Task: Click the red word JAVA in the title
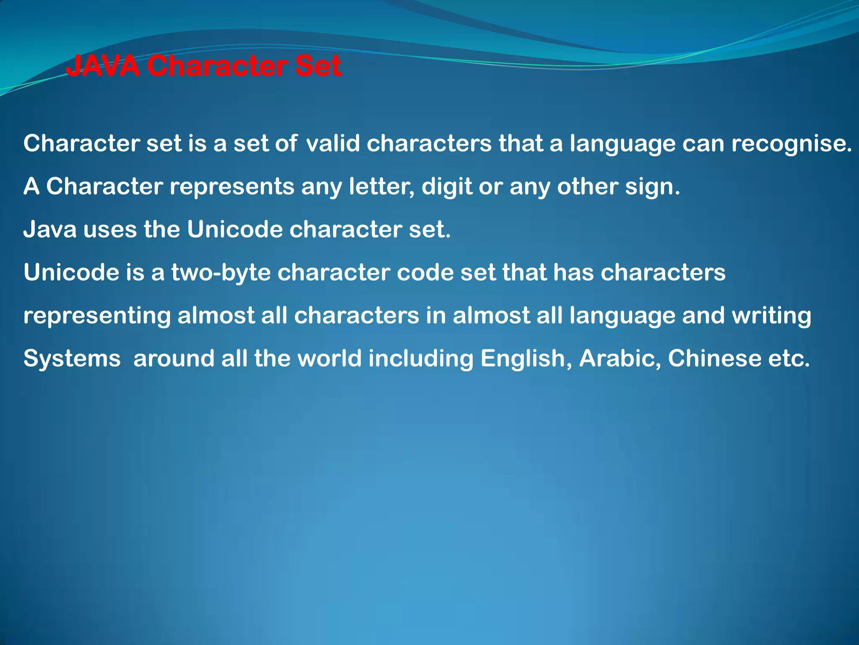tap(102, 66)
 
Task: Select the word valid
tap(333, 144)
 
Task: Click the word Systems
tap(72, 359)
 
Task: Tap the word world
tap(329, 359)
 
